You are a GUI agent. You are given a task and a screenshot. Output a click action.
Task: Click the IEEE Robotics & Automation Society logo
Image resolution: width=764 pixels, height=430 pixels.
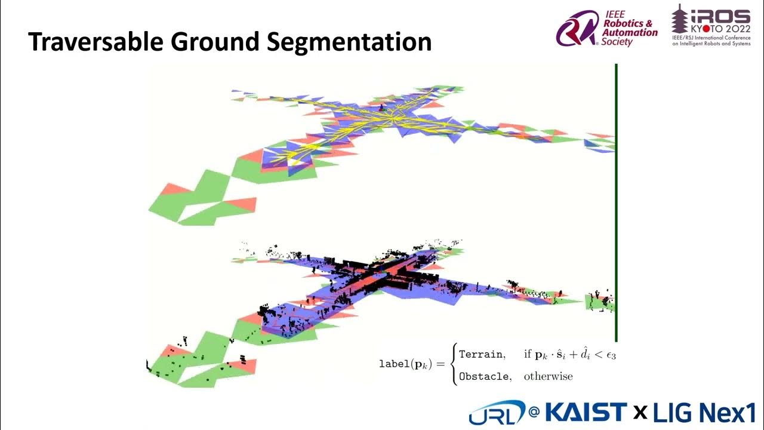tap(606, 29)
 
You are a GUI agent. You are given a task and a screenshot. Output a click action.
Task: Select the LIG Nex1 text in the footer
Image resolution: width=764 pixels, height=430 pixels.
tap(704, 412)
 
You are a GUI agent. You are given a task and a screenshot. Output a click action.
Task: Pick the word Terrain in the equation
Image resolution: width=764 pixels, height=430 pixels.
tap(481, 354)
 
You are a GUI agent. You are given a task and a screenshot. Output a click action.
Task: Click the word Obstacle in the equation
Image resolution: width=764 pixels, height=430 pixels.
tap(485, 376)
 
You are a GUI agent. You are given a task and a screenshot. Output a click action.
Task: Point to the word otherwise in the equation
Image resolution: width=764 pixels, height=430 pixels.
tap(548, 376)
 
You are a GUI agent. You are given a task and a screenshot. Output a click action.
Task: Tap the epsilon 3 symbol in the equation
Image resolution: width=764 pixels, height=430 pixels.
tap(609, 355)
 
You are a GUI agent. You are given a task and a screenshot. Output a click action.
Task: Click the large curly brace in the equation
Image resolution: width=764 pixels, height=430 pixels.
tap(453, 364)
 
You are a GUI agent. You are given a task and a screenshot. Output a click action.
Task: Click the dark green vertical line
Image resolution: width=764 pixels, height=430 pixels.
tap(616, 203)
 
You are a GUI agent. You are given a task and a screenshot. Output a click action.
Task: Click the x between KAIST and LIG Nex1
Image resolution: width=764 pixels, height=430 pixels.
tap(640, 412)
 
